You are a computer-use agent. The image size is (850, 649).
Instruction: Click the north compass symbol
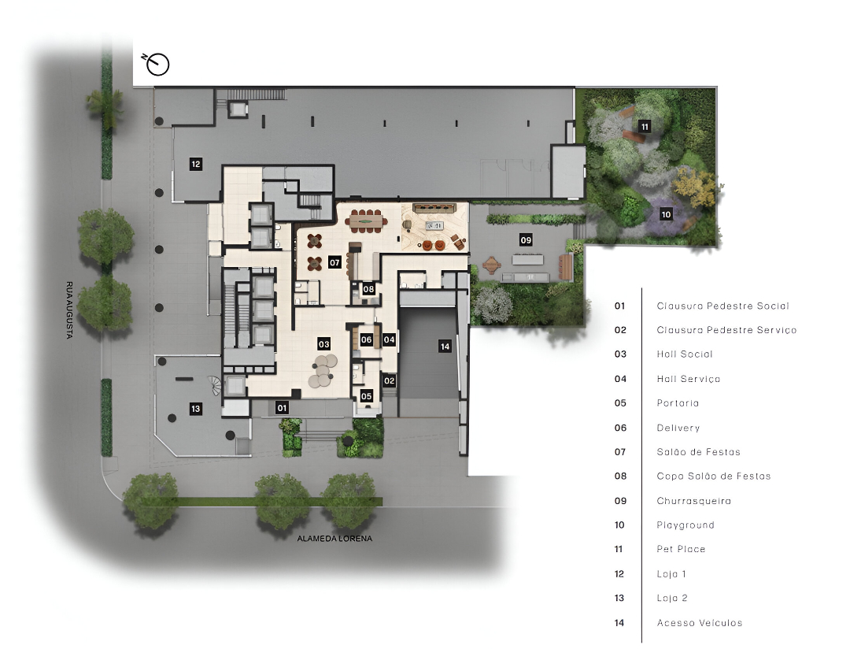click(x=156, y=64)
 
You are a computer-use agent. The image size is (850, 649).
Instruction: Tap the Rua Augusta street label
click(x=69, y=310)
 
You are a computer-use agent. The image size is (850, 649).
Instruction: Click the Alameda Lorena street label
click(x=334, y=539)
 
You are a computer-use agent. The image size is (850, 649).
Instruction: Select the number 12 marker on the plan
click(x=196, y=164)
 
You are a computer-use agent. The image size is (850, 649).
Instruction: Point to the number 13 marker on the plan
click(x=196, y=409)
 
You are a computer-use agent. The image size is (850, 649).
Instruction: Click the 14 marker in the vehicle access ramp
click(x=445, y=347)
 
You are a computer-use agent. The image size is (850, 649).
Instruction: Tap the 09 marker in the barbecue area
click(x=526, y=240)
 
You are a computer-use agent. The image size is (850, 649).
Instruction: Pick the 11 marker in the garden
click(x=645, y=127)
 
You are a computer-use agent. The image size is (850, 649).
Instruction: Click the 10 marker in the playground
click(x=667, y=214)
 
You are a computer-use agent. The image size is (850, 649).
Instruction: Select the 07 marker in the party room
click(x=334, y=262)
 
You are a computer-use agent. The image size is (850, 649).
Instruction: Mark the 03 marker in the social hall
click(x=324, y=344)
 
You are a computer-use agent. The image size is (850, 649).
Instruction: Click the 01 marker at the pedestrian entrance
click(x=282, y=408)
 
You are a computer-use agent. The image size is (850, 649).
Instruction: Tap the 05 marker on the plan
click(x=367, y=396)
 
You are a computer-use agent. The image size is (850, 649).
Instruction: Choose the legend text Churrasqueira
click(x=694, y=501)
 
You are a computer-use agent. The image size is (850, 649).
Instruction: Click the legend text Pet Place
click(x=681, y=549)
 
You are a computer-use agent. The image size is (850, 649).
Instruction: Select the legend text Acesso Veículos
click(x=700, y=623)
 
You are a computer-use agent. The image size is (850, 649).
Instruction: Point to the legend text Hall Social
click(x=685, y=354)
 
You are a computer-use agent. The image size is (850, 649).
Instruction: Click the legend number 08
click(x=621, y=476)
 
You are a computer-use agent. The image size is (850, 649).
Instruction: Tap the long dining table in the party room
click(x=367, y=221)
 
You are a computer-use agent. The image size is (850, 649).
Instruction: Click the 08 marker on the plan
click(x=368, y=289)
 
